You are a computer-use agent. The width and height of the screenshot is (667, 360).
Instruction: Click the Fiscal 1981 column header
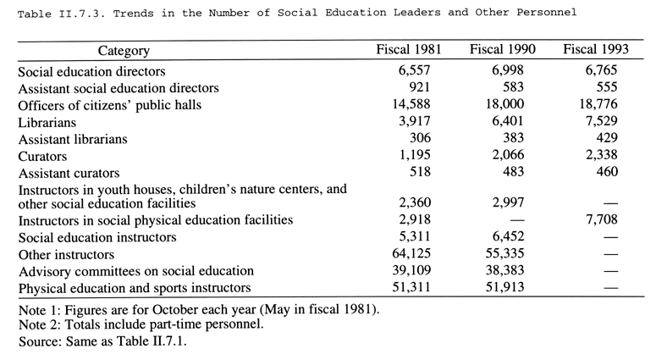click(x=408, y=49)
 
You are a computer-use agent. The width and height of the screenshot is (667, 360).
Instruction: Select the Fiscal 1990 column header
click(x=503, y=49)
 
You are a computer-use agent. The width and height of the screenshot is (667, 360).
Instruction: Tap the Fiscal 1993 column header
click(x=596, y=49)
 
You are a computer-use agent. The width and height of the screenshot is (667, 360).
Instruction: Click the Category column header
click(x=124, y=51)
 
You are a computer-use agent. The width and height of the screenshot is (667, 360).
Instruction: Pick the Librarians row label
click(x=47, y=123)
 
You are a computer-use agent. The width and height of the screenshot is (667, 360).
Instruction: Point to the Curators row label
click(x=42, y=157)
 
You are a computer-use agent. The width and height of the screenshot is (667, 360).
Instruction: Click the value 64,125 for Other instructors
click(x=411, y=253)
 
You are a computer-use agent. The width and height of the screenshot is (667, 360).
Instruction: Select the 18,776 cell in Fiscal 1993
click(x=598, y=104)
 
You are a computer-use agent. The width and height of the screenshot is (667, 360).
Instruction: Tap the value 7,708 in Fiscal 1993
click(x=602, y=219)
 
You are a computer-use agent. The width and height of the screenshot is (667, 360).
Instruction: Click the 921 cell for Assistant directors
click(x=420, y=86)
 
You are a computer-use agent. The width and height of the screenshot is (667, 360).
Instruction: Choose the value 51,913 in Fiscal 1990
click(x=505, y=287)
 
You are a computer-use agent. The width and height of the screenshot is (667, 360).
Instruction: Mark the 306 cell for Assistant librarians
click(x=421, y=138)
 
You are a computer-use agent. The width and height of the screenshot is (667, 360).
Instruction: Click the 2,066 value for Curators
click(x=509, y=155)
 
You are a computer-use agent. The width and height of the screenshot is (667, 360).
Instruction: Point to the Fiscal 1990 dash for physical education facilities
click(x=517, y=221)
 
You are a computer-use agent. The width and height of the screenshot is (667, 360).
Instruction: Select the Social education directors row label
click(x=91, y=71)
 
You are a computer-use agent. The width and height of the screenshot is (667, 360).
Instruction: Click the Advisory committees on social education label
click(x=136, y=271)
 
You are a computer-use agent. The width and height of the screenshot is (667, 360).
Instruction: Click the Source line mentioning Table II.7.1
click(x=102, y=341)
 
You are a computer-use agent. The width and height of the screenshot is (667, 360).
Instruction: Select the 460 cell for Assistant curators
click(x=607, y=172)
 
